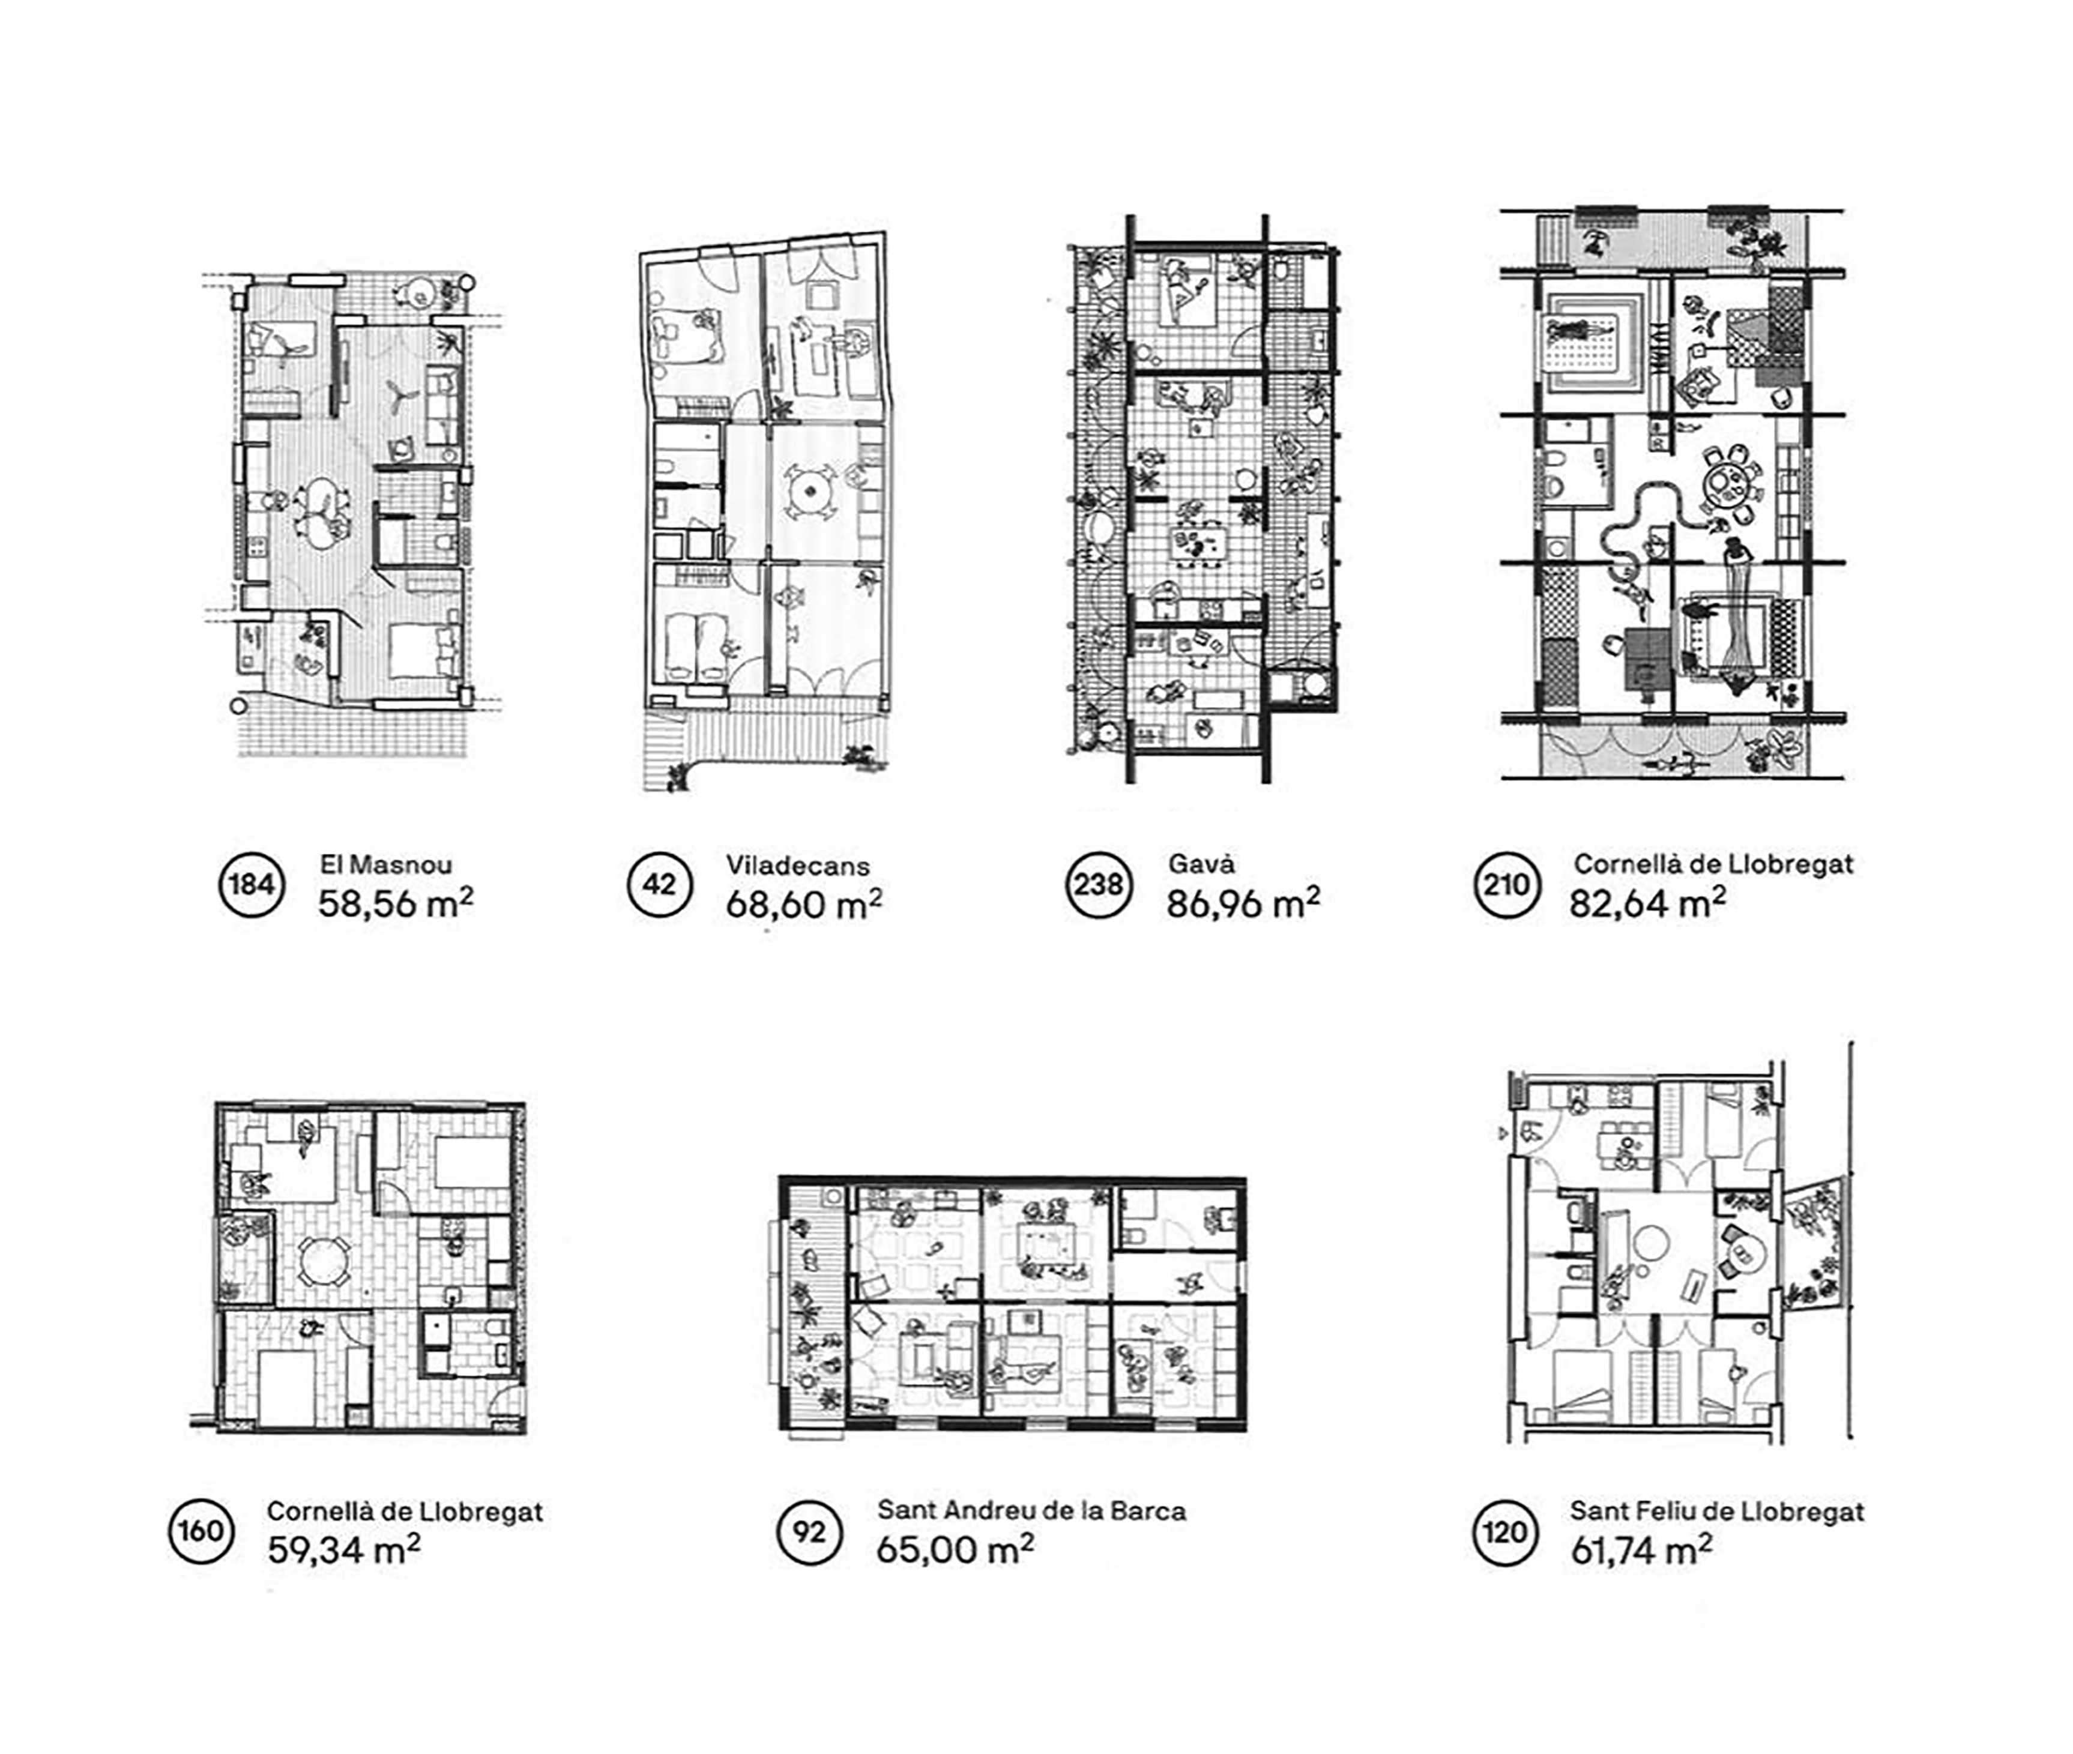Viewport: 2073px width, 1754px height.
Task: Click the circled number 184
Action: pos(252,884)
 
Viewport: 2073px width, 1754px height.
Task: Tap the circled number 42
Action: pos(659,884)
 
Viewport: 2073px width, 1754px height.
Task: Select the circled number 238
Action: pos(1099,884)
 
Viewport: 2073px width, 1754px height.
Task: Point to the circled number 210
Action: pos(1506,884)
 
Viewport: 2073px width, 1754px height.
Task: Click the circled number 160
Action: pos(201,1530)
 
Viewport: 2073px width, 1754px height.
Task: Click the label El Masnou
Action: pos(386,864)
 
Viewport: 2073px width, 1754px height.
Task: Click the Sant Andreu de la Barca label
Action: pos(1031,1510)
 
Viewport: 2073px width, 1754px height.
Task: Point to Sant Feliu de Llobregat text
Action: pos(1716,1511)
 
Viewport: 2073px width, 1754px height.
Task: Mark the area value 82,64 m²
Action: pos(1647,902)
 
